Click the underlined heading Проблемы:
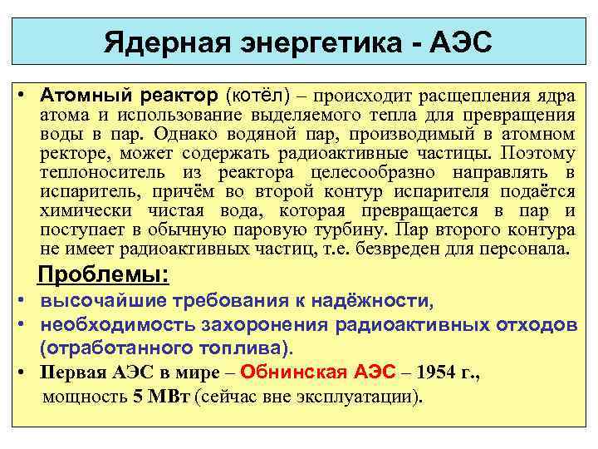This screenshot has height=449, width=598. pos(104,275)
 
